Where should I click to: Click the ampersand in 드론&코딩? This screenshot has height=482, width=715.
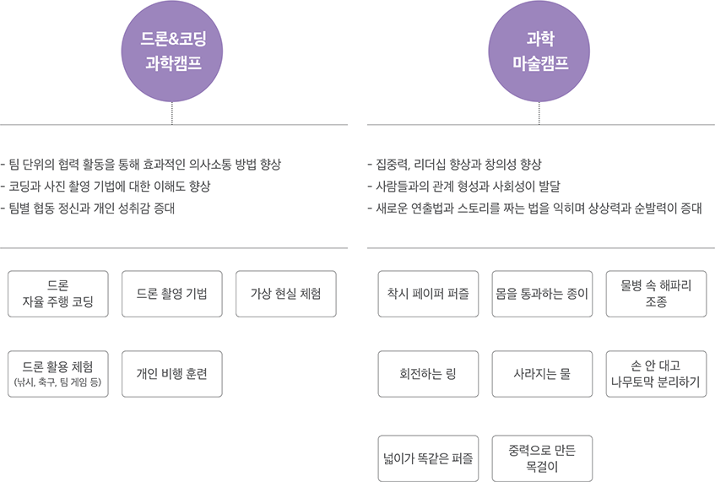click(173, 39)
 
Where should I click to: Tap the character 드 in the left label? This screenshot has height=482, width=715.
click(148, 39)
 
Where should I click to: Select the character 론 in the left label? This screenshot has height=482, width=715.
click(161, 39)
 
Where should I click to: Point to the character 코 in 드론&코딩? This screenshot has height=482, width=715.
click(186, 39)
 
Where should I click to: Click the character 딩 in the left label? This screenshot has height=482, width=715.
click(199, 39)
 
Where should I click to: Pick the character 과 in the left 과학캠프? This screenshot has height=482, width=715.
click(153, 63)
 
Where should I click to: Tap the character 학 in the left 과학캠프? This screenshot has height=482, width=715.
click(166, 63)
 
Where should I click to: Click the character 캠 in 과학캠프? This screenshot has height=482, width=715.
click(181, 63)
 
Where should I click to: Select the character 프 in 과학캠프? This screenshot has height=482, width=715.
click(194, 63)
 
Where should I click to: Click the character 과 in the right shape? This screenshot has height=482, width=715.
click(534, 39)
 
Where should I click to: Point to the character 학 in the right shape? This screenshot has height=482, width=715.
click(547, 39)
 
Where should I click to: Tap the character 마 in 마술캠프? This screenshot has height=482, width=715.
click(520, 63)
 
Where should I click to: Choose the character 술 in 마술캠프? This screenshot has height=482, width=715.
click(534, 63)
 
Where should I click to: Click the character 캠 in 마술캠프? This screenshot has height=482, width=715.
click(548, 63)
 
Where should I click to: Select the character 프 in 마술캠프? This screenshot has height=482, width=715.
click(561, 63)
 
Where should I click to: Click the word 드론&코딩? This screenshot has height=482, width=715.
click(173, 39)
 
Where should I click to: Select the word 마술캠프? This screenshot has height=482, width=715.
click(540, 63)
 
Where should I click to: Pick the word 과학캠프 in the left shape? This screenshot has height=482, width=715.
click(173, 63)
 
